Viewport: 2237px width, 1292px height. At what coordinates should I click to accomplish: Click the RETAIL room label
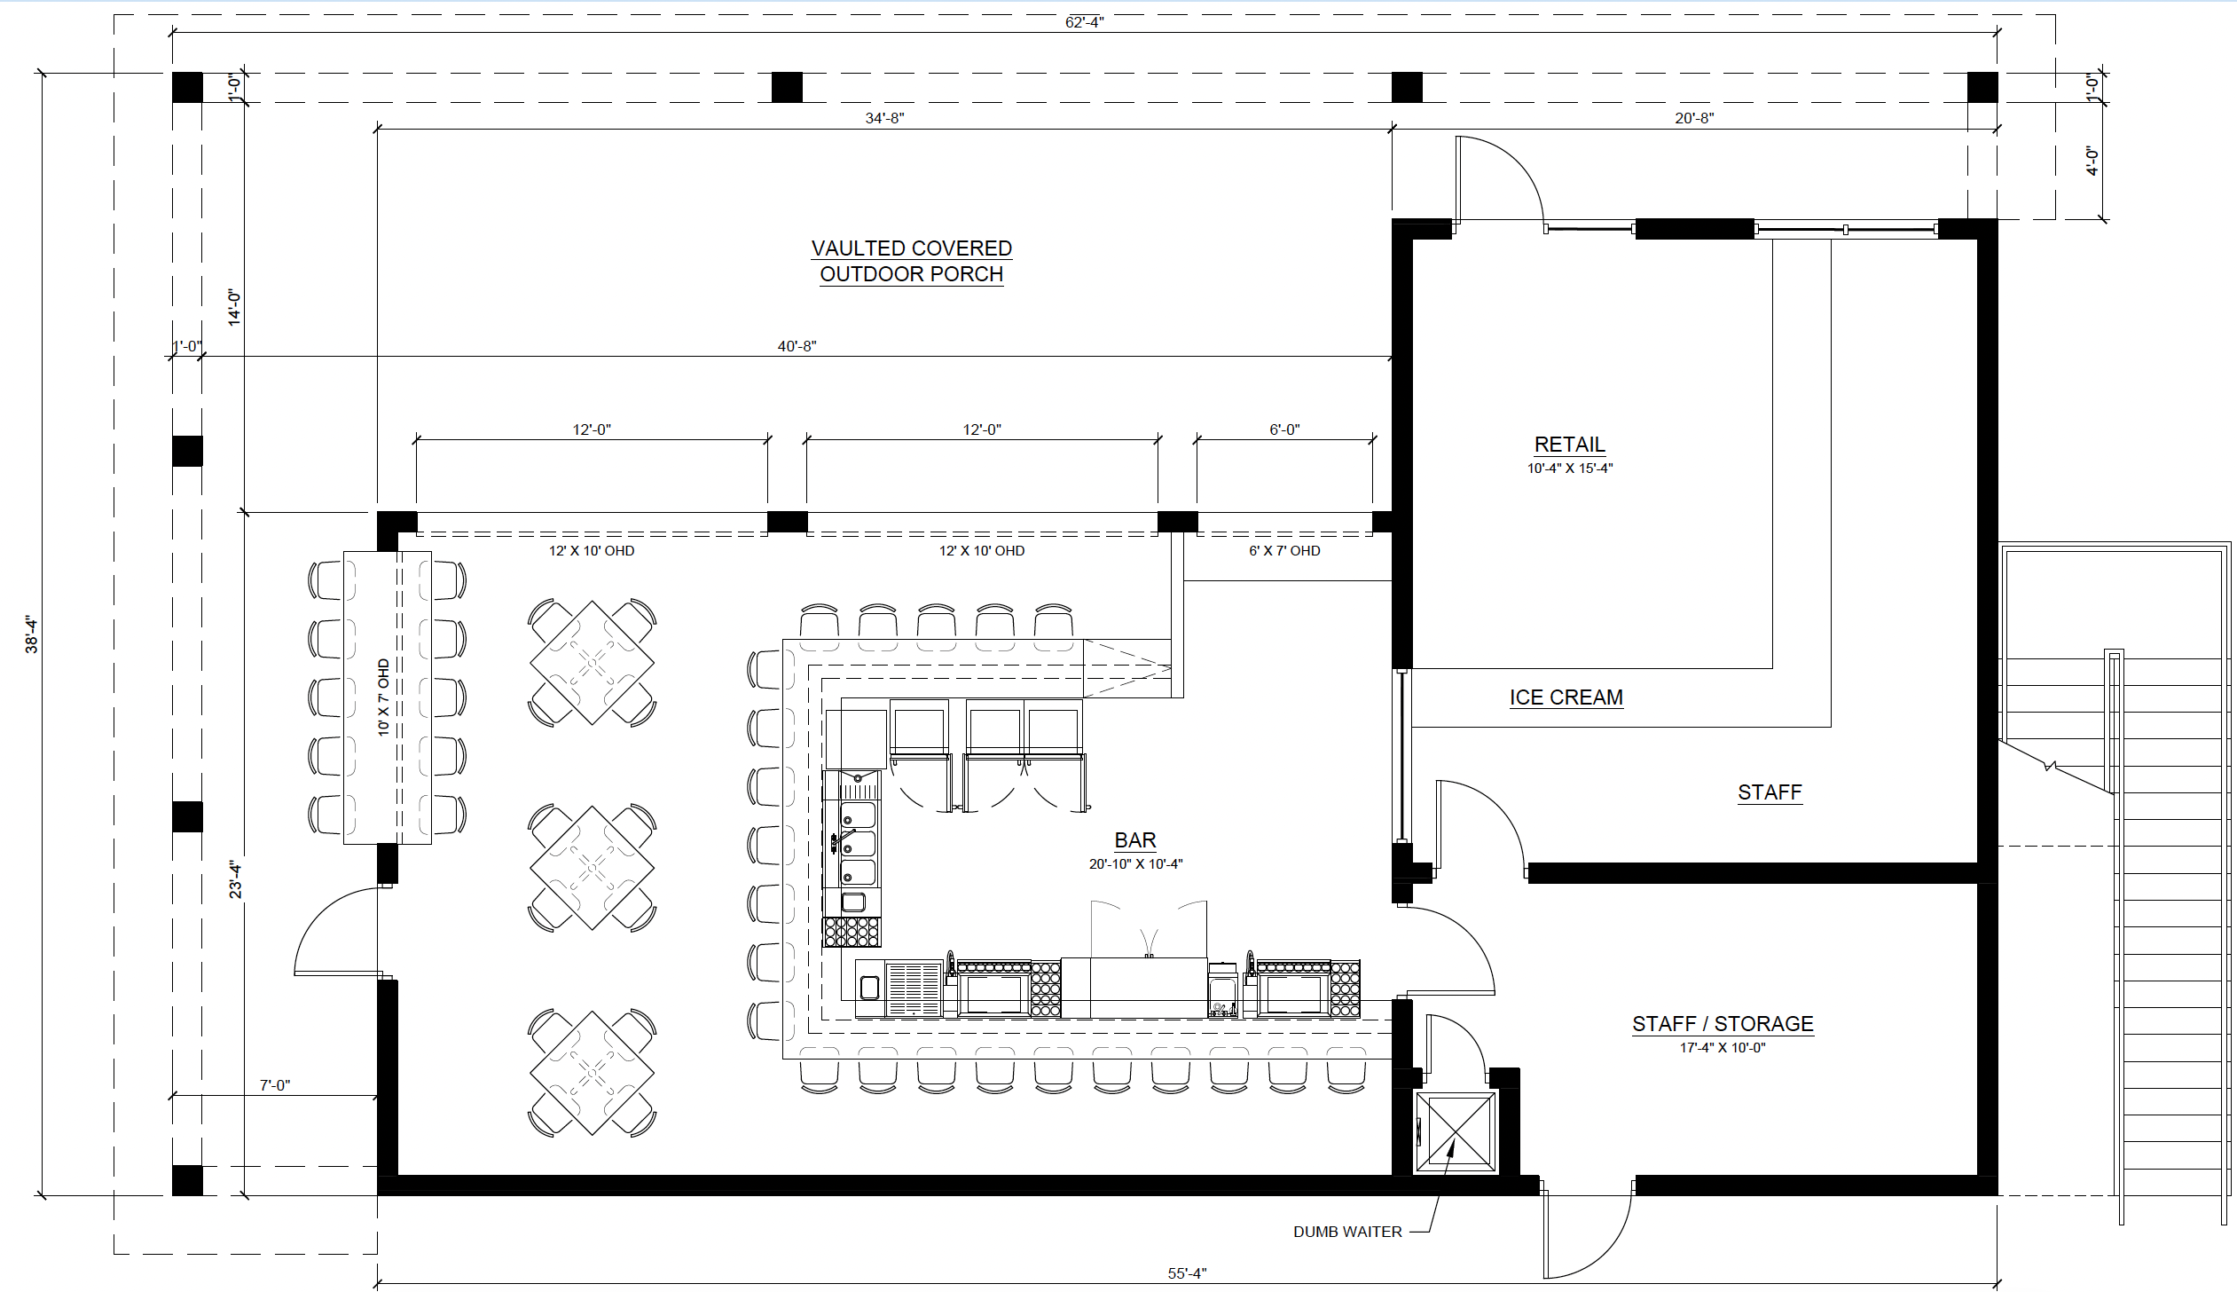coord(1569,445)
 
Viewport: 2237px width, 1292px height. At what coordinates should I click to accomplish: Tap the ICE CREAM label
coord(1566,697)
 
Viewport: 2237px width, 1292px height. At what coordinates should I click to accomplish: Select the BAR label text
coord(1135,840)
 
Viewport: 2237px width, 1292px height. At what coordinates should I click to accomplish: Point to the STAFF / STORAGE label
coord(1723,1024)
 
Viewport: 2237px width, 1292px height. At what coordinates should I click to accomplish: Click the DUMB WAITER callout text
coord(1347,1232)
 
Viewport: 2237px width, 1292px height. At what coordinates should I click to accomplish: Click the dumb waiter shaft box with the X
coord(1456,1132)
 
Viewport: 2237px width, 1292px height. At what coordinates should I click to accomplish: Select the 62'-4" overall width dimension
coord(1084,22)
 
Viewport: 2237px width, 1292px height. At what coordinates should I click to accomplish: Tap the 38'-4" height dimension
coord(32,634)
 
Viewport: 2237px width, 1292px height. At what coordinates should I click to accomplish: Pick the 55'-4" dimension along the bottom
coord(1187,1273)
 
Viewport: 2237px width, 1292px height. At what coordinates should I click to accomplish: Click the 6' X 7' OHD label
coord(1284,551)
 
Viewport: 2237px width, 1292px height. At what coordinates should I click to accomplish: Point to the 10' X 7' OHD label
coord(383,697)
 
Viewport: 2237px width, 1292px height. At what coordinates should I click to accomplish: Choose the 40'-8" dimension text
coord(797,346)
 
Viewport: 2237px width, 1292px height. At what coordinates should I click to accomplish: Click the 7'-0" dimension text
coord(275,1085)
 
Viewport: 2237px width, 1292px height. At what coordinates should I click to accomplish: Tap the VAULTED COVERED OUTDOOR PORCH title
coord(912,261)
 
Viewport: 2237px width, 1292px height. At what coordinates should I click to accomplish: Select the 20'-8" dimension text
coord(1694,118)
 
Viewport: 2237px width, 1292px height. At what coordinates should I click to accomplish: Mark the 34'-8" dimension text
coord(884,118)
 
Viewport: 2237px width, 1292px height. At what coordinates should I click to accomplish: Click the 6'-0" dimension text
coord(1284,429)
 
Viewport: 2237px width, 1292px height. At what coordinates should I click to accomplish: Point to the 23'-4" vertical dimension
coord(236,878)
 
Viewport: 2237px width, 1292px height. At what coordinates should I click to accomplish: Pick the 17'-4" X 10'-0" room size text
coord(1723,1048)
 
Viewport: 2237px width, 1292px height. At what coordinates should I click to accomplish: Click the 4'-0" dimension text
coord(2093,161)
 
